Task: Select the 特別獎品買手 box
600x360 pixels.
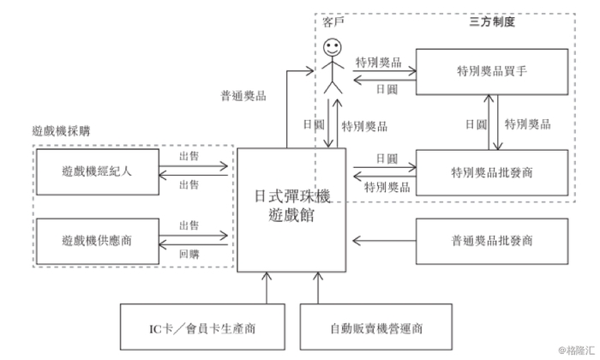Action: click(x=491, y=74)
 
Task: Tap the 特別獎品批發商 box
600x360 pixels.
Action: click(x=491, y=171)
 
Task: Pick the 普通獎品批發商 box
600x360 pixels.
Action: click(x=491, y=241)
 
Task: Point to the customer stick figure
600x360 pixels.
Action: click(x=333, y=64)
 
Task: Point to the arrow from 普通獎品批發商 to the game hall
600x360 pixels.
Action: click(x=381, y=241)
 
